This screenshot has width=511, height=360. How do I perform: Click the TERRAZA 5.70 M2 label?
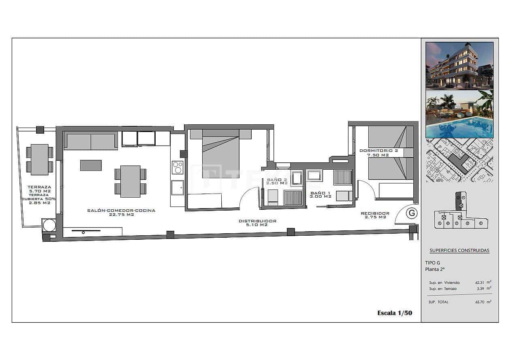(x=39, y=189)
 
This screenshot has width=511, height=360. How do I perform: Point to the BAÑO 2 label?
(x=277, y=180)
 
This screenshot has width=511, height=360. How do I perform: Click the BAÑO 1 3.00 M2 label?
(x=321, y=194)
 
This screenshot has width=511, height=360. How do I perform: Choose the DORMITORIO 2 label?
(x=378, y=151)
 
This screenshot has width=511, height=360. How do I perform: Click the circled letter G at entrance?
(x=412, y=213)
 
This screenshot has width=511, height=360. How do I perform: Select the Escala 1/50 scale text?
(x=394, y=313)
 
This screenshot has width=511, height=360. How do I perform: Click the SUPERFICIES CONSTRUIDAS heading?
(x=459, y=250)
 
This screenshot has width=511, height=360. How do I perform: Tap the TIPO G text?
(x=433, y=262)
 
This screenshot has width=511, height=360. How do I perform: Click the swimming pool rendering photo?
(x=459, y=114)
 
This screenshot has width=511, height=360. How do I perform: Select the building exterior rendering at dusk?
(x=459, y=65)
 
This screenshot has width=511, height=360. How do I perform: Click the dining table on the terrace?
(x=39, y=160)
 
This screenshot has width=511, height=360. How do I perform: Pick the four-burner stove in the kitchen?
(x=177, y=167)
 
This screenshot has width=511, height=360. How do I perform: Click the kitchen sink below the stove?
(x=177, y=188)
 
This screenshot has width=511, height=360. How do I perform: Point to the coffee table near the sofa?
(x=91, y=165)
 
